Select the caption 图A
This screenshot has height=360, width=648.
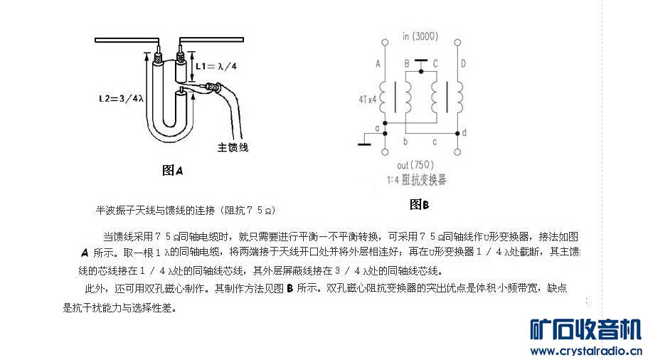pos(172,171)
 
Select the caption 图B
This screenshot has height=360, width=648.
pos(419,205)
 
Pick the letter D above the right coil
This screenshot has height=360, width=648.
pos(464,64)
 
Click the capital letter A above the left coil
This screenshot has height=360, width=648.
pos(378,64)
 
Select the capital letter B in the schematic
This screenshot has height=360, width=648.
pos(407,64)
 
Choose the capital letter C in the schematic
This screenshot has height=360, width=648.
pos(435,64)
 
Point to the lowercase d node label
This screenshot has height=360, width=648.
pos(465,133)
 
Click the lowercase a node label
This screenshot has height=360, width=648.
pos(377,128)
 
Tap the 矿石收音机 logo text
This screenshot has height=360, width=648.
pos(587,330)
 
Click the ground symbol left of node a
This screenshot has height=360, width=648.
pos(365,144)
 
